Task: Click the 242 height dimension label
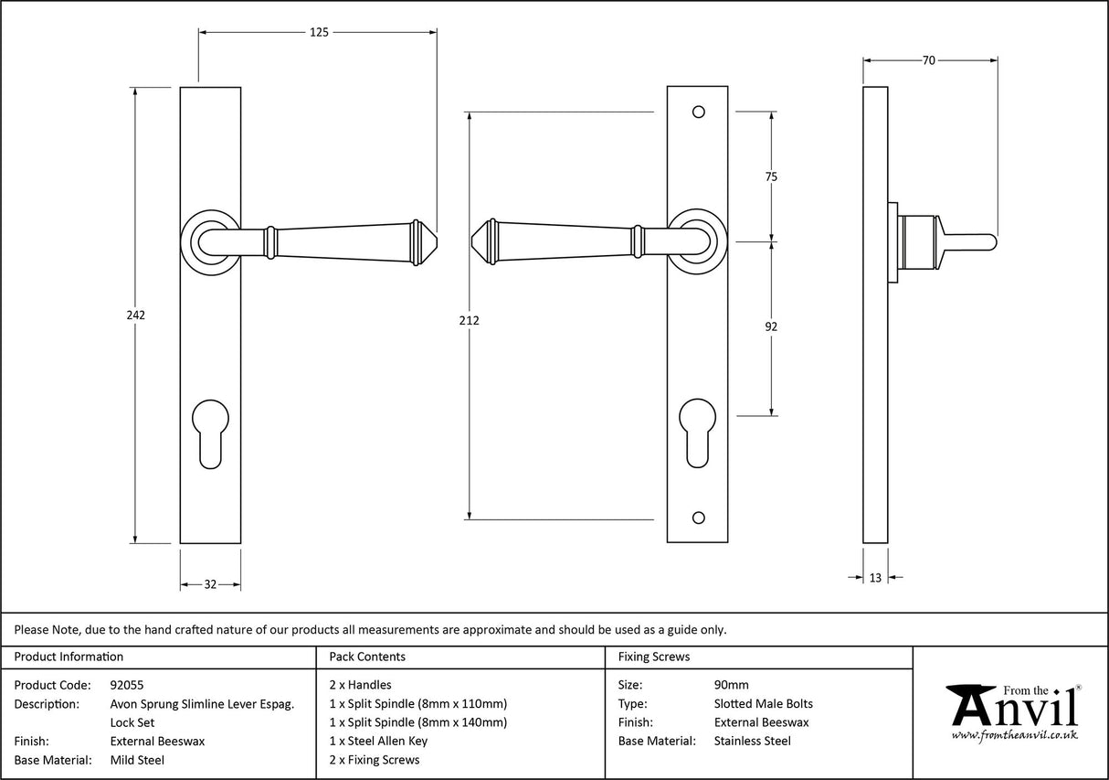coord(135,315)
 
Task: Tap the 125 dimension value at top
coord(318,32)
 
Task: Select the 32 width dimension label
coord(209,584)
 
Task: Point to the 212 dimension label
coord(470,320)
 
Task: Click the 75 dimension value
coord(771,177)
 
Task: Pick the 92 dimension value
coord(771,326)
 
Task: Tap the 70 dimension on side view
coord(928,60)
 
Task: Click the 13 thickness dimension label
coord(875,577)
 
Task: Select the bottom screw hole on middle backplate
coord(699,518)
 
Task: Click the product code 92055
coord(126,685)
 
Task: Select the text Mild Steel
coord(137,760)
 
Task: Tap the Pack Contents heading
coord(367,657)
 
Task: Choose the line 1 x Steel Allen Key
coord(378,741)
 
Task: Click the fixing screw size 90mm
coord(731,685)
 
